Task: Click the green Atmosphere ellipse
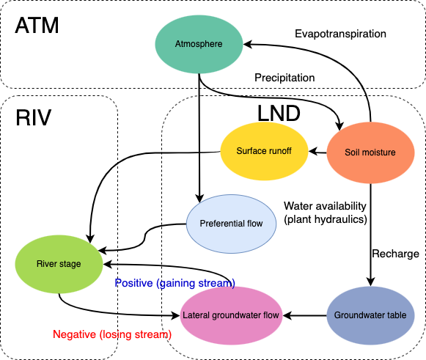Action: [199, 44]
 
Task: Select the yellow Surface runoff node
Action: [264, 151]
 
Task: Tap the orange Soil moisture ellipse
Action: [370, 153]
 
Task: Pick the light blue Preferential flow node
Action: [231, 224]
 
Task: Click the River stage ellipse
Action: [59, 264]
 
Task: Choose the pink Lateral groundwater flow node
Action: [231, 315]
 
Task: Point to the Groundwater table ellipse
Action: [370, 315]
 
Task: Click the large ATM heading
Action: [37, 26]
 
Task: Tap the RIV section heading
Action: [34, 117]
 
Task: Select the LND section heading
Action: [279, 114]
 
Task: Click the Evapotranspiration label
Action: [340, 34]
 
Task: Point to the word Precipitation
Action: [284, 78]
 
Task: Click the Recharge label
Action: [395, 254]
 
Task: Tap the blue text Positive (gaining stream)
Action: [175, 283]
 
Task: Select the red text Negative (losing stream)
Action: [112, 334]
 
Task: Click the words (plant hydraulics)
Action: [326, 219]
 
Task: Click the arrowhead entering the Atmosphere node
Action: [248, 44]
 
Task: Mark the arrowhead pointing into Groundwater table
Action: [370, 282]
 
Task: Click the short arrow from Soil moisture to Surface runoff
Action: [317, 152]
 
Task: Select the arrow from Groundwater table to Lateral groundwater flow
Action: [304, 316]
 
